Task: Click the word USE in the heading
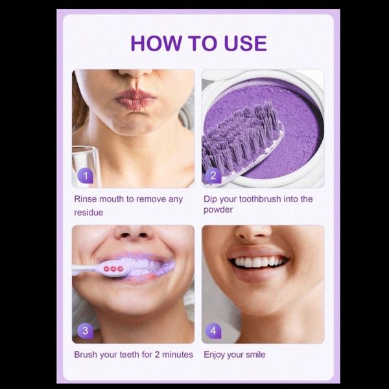[x=245, y=43]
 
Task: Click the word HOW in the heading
[x=156, y=43]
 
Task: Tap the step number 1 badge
[x=86, y=176]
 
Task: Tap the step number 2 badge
[x=213, y=176]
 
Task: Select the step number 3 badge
[x=86, y=331]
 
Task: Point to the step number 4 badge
[x=213, y=331]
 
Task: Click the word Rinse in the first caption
[x=86, y=199]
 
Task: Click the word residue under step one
[x=89, y=213]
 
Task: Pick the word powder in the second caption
[x=218, y=210]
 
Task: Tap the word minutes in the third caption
[x=178, y=355]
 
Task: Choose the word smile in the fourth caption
[x=255, y=355]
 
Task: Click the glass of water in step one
[x=84, y=166]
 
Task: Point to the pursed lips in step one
[x=136, y=98]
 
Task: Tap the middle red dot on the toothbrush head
[x=113, y=269]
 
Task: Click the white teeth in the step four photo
[x=258, y=262]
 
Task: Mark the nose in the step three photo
[x=134, y=233]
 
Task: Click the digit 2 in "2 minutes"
[x=157, y=355]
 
